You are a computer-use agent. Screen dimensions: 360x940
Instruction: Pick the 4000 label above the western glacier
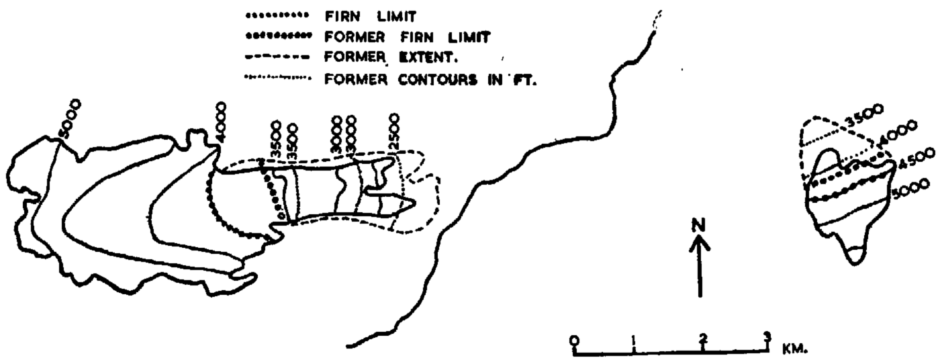221,120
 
